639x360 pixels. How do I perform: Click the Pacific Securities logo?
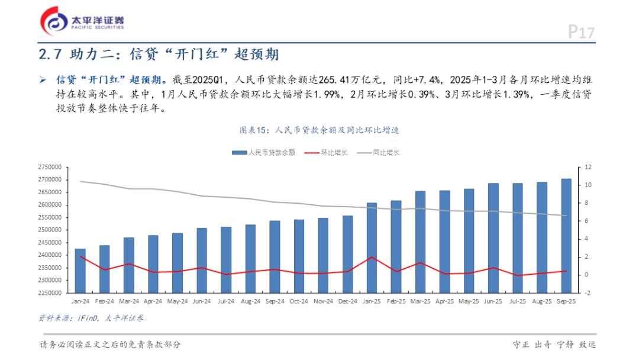pos(82,21)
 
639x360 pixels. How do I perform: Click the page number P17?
pos(582,32)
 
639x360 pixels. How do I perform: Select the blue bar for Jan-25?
pos(372,248)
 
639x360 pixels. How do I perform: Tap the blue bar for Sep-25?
pos(566,236)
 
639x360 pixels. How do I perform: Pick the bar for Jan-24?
pos(80,271)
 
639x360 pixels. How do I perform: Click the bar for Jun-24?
pos(202,261)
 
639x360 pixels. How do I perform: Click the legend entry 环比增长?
pos(326,153)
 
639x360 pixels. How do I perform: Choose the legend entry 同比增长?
pos(378,153)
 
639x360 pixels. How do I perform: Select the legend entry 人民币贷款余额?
pos(264,153)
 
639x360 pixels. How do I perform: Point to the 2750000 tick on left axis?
pos(50,167)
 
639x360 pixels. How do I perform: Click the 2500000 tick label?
pos(50,230)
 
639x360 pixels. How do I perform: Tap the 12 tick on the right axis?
pos(588,167)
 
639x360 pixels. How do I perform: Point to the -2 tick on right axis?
pos(588,292)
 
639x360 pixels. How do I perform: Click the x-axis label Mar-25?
pos(420,301)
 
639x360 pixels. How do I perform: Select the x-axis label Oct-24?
pos(299,301)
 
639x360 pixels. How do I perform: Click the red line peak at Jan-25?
pos(372,257)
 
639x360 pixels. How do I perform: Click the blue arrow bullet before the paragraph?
pos(43,80)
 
